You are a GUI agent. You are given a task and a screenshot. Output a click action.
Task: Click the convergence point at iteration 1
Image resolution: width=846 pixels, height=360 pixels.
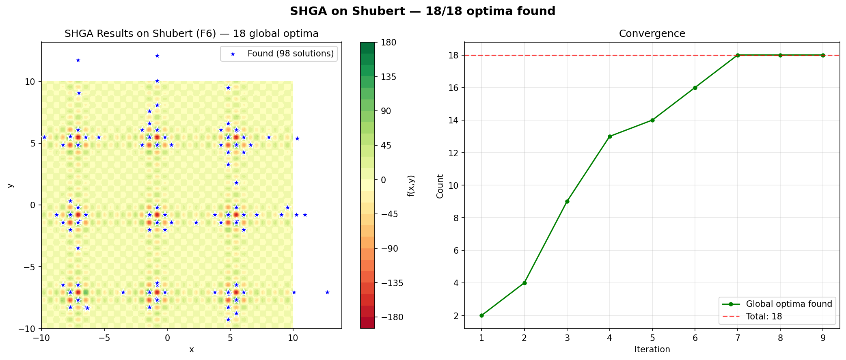coord(481,315)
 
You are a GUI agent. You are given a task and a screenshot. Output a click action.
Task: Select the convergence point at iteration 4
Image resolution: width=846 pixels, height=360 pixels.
coord(609,136)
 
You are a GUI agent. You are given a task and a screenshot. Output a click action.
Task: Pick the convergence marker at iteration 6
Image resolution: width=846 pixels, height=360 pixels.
coord(695,88)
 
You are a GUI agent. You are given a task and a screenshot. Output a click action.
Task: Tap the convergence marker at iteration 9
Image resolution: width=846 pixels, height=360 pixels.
coord(823,55)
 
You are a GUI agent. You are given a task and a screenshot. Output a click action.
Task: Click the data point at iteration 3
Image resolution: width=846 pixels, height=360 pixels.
coord(567,201)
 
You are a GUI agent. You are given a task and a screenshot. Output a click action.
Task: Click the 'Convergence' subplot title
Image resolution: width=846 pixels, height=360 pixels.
coord(652,34)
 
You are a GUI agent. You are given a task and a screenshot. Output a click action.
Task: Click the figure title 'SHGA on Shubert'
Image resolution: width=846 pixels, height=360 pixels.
coord(423,11)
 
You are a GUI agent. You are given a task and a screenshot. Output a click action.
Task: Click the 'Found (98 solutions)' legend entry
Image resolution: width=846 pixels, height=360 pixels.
coord(291,54)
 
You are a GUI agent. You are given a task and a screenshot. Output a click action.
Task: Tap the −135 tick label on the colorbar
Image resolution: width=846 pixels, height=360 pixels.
coord(392,283)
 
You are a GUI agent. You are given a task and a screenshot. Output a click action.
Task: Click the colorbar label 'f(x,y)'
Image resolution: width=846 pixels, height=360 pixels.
coord(411,185)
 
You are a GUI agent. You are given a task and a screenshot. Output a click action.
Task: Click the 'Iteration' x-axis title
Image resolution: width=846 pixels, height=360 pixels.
coord(652,349)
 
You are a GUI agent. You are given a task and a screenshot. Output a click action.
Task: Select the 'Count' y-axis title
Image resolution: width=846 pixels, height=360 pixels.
coord(440,186)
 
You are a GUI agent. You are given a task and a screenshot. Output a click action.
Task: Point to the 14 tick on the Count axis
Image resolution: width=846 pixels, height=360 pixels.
coord(454,121)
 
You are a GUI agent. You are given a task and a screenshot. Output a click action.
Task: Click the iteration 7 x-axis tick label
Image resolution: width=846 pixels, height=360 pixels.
coord(738,338)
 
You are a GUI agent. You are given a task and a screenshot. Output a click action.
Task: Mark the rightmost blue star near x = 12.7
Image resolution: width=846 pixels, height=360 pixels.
coord(327,292)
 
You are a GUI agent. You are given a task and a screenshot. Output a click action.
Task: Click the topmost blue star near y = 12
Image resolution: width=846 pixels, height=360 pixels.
coord(157,56)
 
